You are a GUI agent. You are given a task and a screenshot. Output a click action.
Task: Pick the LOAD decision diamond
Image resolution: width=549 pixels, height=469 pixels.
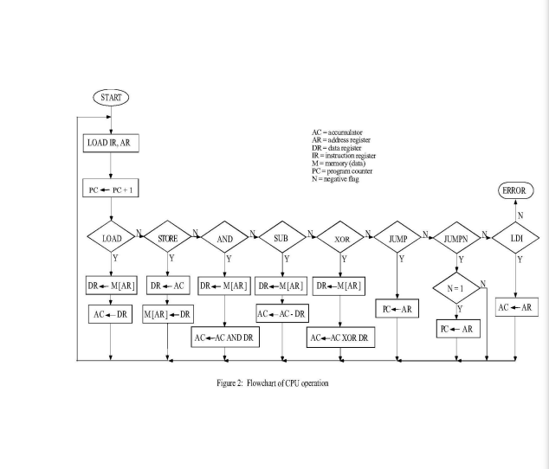click(x=112, y=236)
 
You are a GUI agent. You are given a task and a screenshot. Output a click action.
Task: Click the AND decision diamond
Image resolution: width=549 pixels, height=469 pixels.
click(x=225, y=236)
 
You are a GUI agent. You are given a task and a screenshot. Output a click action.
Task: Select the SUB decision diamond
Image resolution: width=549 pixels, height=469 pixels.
click(x=283, y=236)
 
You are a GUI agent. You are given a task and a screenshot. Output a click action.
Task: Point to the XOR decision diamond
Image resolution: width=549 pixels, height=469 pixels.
click(x=341, y=236)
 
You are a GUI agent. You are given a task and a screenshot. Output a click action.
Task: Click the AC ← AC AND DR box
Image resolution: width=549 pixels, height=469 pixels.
click(x=225, y=337)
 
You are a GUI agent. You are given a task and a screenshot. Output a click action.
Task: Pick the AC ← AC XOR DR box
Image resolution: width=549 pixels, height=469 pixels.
click(x=341, y=337)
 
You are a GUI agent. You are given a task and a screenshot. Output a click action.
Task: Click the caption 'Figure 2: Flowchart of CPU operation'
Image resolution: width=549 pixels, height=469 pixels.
click(x=273, y=382)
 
